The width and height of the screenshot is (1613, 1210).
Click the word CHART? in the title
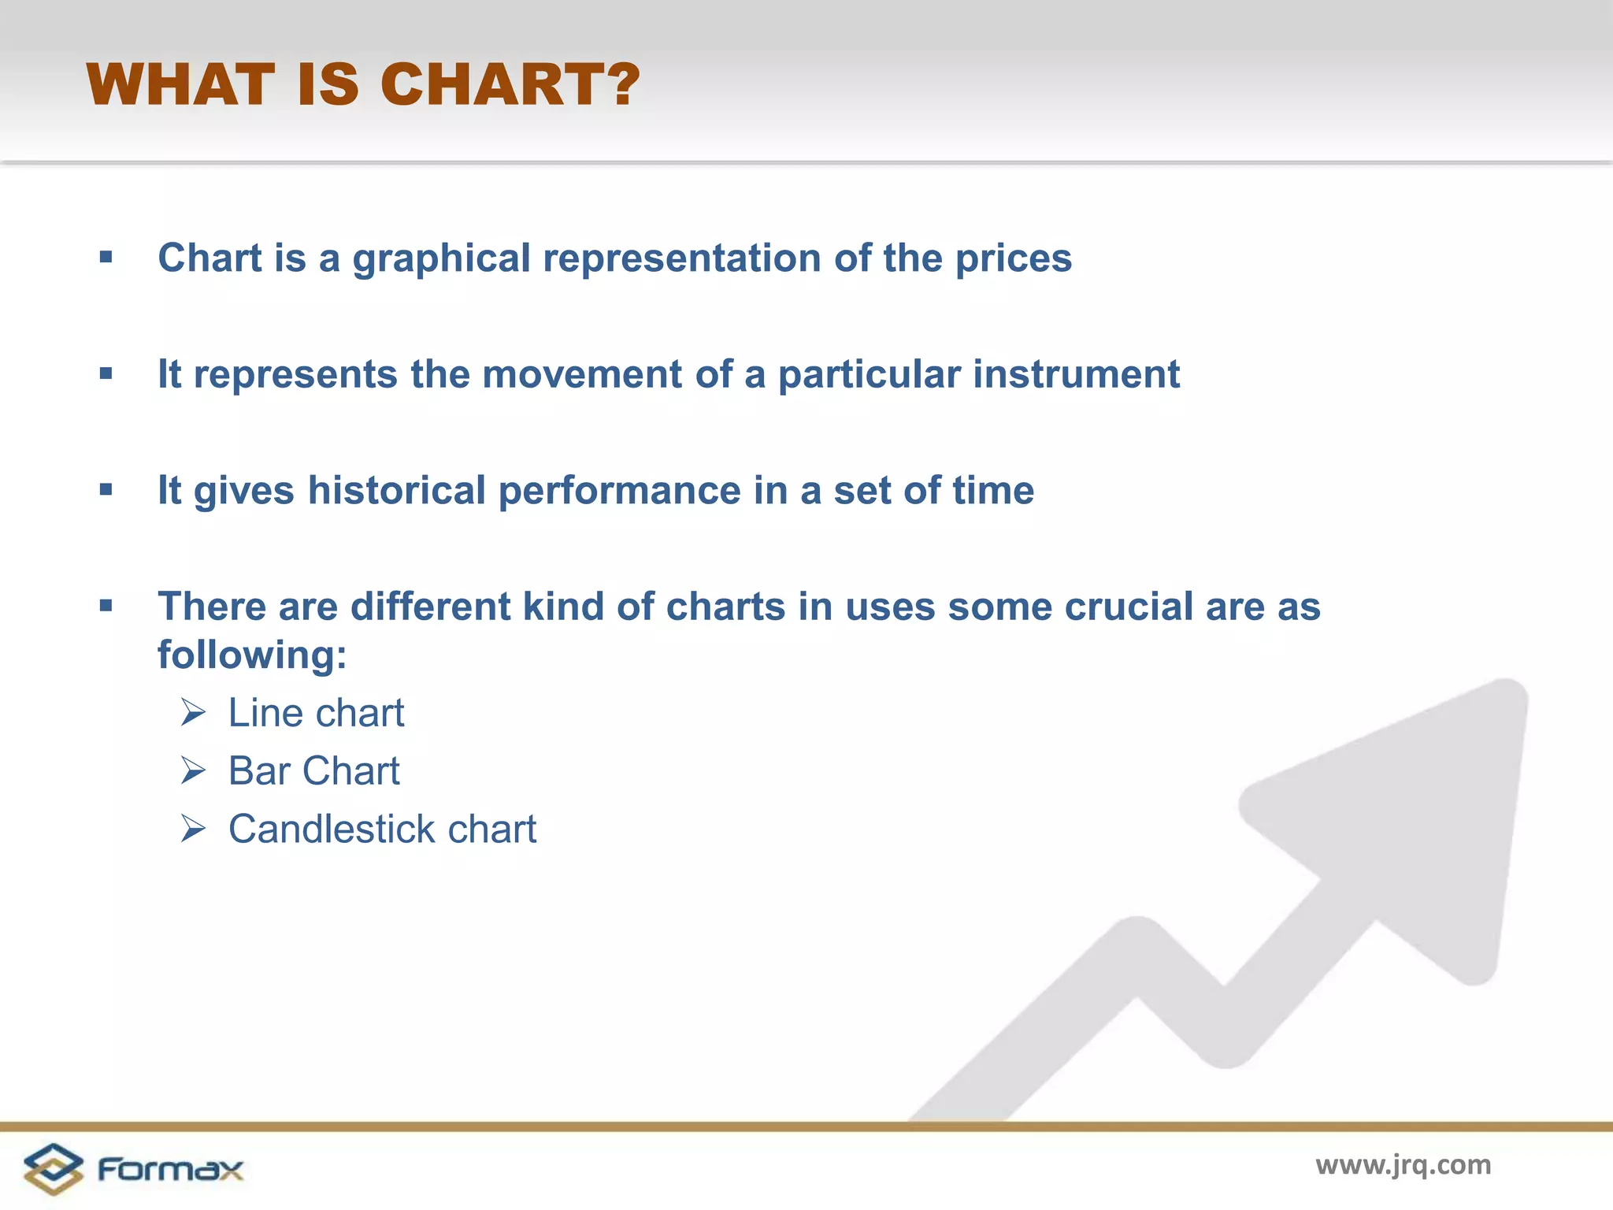click(510, 84)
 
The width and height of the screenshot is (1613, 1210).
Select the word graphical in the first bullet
click(441, 258)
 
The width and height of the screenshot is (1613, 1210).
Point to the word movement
click(581, 374)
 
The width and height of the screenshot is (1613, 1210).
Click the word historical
click(396, 491)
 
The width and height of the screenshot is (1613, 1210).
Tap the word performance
click(620, 491)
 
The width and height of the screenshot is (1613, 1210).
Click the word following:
click(252, 655)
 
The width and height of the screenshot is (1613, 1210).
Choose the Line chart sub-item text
click(316, 713)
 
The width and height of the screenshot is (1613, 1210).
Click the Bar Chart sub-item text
click(313, 771)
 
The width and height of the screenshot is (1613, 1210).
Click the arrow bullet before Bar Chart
click(193, 770)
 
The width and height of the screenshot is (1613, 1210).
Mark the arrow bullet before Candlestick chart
click(193, 829)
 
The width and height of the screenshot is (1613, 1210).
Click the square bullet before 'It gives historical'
click(106, 490)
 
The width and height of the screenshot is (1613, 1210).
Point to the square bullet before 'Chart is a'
click(106, 258)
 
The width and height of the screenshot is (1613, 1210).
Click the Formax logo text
click(170, 1169)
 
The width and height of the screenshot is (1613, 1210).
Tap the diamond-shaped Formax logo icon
click(53, 1169)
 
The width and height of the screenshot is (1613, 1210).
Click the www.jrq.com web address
click(1403, 1164)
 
